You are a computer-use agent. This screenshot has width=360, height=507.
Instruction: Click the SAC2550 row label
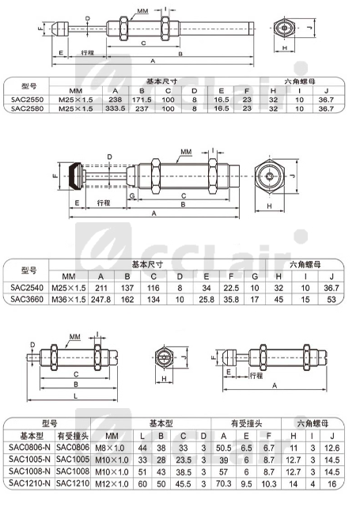tap(27, 100)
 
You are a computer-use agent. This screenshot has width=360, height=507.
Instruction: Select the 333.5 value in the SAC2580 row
tap(116, 108)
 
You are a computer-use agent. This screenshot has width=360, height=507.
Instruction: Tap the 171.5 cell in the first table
tap(142, 100)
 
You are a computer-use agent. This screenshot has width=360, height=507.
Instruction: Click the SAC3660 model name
tap(27, 299)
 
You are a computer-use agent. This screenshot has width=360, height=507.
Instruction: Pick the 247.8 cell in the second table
tap(101, 300)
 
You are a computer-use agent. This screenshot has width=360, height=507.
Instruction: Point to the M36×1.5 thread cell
tap(69, 300)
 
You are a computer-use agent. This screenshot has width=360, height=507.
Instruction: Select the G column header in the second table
tap(255, 277)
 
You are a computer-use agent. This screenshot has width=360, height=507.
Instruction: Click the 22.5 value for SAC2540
tap(231, 288)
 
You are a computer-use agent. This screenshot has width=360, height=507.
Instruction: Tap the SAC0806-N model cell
tap(30, 448)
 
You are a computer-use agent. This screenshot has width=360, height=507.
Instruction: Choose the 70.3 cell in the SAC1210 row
tap(223, 484)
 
